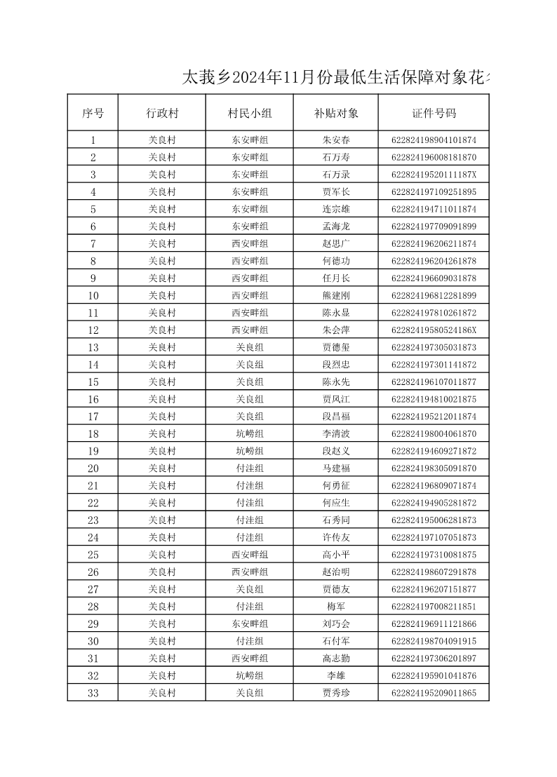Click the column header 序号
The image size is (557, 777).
pos(93,113)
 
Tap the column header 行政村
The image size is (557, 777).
pos(162,113)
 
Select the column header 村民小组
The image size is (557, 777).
pos(250,113)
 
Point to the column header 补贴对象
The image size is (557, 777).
pos(336,113)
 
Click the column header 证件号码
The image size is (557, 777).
pos(434,113)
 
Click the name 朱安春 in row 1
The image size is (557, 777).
pos(336,140)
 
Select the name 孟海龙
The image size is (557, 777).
pos(336,227)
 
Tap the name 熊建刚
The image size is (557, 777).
pos(336,295)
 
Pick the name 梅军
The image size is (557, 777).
pos(336,607)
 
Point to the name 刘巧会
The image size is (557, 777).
pos(336,623)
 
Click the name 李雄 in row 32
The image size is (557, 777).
pos(336,675)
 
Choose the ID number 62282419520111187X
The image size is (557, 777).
pos(434,175)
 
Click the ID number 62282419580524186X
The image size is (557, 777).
pos(434,330)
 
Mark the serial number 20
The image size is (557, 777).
pos(93,468)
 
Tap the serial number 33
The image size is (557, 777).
pos(93,693)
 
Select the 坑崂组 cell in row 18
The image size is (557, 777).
pos(250,433)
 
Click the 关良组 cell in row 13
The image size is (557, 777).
pos(250,347)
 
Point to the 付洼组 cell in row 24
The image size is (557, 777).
pos(250,537)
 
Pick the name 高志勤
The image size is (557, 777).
pos(336,658)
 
